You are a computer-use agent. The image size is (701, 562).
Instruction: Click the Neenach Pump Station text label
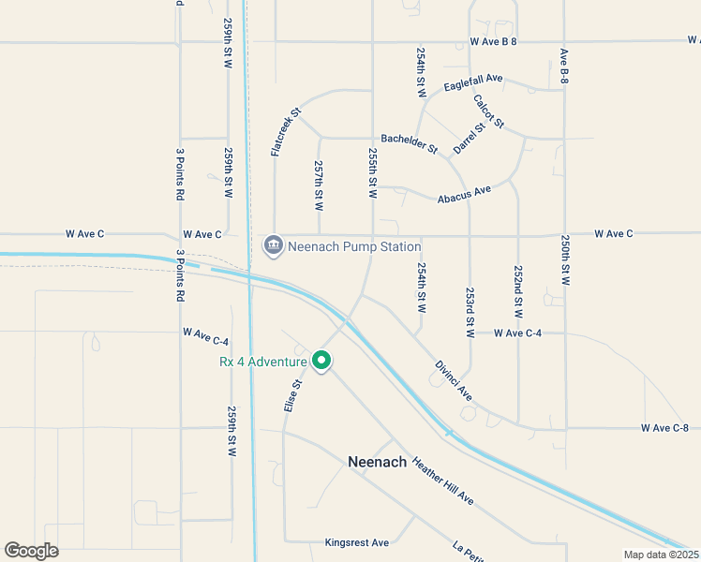(353, 246)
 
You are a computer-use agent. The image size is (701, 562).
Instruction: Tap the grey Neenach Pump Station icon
(273, 245)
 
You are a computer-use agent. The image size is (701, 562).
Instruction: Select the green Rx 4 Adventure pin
(321, 361)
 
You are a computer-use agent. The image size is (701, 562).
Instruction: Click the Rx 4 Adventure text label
(263, 362)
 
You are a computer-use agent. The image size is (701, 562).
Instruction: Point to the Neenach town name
(378, 462)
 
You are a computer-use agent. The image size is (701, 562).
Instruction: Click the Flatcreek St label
(286, 132)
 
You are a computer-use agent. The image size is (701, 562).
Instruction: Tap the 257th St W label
(319, 185)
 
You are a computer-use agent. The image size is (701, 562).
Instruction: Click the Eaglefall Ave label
(473, 82)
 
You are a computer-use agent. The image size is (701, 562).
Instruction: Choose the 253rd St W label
(470, 312)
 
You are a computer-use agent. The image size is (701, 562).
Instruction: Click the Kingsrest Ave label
(356, 542)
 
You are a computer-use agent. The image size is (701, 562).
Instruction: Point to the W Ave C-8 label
(664, 427)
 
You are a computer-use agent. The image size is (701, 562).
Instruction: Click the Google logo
(31, 551)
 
